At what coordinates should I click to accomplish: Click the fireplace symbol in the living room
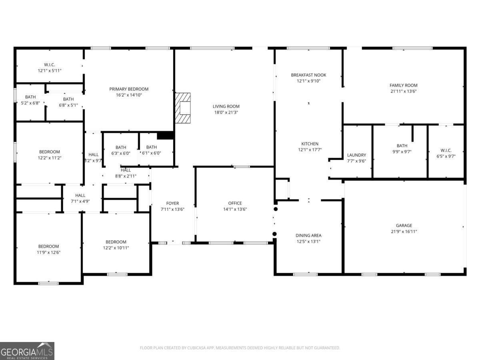[183, 108]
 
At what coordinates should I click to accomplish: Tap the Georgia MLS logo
[27, 351]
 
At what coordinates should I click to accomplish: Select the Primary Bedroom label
[129, 89]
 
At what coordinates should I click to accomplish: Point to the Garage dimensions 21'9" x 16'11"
[404, 231]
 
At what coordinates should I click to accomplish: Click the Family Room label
[403, 85]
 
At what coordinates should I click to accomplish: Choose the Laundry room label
[356, 155]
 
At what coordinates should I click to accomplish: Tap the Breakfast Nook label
[308, 75]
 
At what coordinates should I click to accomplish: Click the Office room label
[235, 203]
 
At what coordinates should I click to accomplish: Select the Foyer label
[172, 203]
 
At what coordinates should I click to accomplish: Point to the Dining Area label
[308, 235]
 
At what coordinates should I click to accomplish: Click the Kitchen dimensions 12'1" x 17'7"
[310, 150]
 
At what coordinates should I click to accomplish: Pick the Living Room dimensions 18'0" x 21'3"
[226, 112]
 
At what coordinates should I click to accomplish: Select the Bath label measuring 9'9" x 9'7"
[402, 146]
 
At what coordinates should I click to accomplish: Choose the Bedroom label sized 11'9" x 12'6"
[48, 246]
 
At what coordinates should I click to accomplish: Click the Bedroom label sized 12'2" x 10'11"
[116, 242]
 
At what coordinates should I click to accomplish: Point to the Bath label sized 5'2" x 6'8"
[30, 97]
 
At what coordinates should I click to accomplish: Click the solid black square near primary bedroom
[165, 135]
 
